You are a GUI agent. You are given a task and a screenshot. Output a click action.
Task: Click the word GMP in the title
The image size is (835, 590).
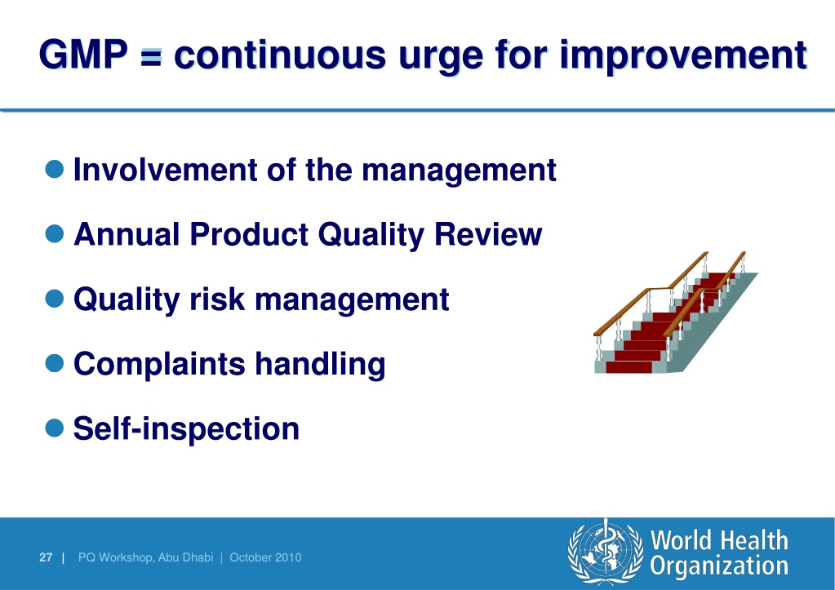click(83, 55)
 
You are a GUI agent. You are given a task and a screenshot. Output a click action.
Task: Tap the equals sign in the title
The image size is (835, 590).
click(151, 57)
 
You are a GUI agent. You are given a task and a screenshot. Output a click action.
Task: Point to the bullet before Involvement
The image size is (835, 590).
click(55, 169)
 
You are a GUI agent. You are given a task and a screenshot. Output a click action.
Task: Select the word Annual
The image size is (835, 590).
click(127, 234)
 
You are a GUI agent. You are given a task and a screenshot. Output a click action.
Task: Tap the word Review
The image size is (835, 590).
click(488, 234)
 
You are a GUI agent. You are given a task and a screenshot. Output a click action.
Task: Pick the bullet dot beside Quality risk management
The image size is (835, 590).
click(55, 298)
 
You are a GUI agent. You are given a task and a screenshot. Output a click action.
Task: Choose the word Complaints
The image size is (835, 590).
click(159, 365)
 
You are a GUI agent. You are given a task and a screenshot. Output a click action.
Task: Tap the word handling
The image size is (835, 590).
click(320, 365)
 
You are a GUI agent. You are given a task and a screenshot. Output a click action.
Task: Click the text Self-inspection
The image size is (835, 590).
click(186, 428)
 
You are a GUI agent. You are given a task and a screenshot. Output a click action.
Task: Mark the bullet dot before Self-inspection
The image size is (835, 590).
click(55, 428)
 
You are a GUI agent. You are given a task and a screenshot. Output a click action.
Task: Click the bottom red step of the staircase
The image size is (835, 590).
click(629, 367)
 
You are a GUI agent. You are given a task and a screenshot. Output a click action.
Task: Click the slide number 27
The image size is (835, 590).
click(46, 557)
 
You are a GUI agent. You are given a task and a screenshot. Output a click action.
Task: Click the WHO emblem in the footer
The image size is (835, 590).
click(606, 552)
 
